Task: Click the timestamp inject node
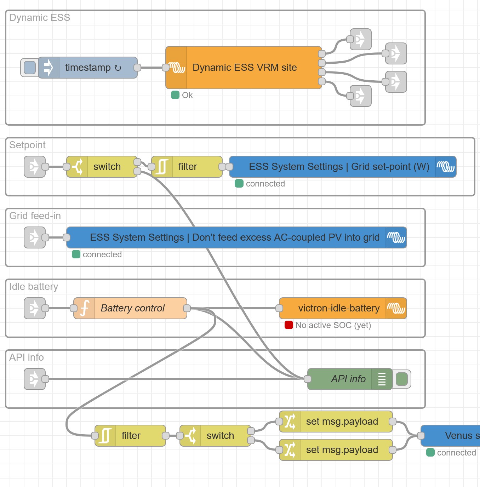(88, 68)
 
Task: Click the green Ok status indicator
(175, 95)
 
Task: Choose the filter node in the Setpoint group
(187, 167)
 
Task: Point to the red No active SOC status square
(289, 325)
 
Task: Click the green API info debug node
(349, 379)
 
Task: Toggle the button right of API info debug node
(402, 379)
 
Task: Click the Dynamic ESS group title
(40, 18)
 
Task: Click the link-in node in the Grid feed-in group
(35, 237)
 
